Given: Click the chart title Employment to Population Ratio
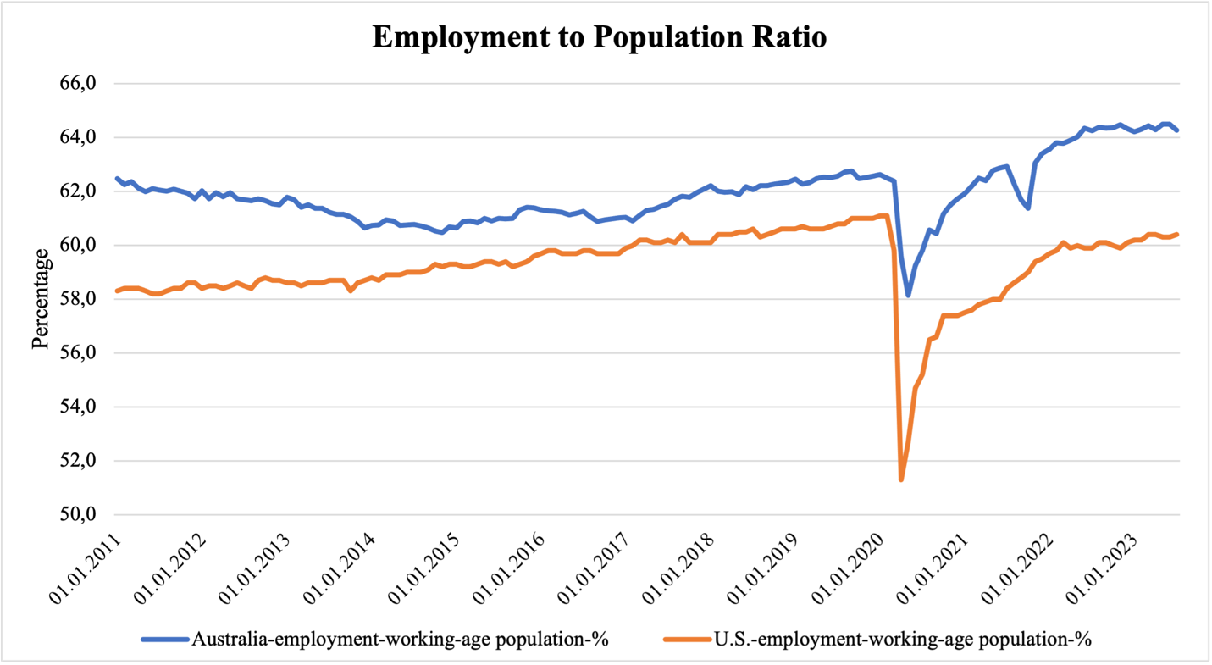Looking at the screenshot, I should (x=599, y=38).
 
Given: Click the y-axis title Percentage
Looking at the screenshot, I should (x=41, y=299).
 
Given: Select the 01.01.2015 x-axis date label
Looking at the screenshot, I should (x=427, y=568).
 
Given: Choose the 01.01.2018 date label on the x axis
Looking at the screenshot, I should (x=682, y=568).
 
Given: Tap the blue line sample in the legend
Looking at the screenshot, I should (x=165, y=639).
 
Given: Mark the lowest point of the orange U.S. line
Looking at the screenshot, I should (x=901, y=480).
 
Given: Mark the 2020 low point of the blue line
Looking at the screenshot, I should (x=908, y=296).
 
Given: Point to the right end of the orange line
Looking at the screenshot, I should (x=1178, y=235).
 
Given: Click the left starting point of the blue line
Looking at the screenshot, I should (x=117, y=179).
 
